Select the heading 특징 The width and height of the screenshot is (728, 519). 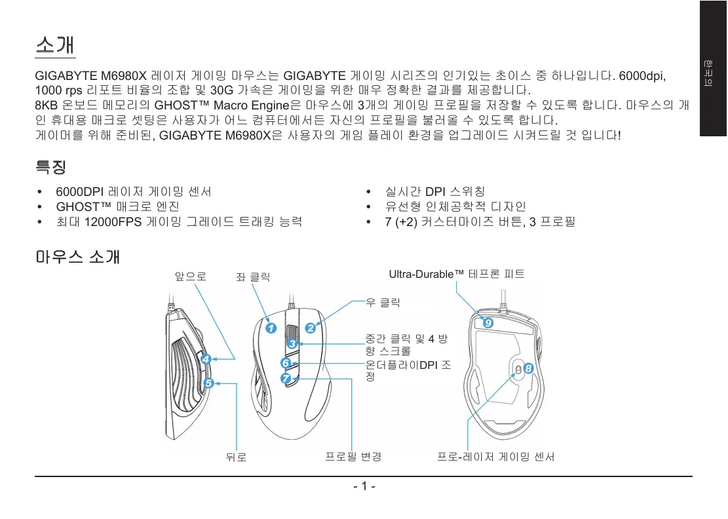tap(50, 167)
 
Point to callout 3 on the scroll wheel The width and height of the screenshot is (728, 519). tap(292, 343)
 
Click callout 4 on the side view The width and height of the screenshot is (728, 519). tap(206, 359)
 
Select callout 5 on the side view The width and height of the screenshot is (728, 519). tap(208, 383)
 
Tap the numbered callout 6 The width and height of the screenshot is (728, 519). tap(285, 362)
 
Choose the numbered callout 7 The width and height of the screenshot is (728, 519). tap(286, 379)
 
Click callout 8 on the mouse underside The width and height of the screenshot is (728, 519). tap(528, 369)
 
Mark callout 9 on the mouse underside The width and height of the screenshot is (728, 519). tap(488, 323)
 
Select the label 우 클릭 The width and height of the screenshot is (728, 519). tap(383, 302)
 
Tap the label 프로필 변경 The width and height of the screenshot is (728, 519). tap(354, 456)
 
